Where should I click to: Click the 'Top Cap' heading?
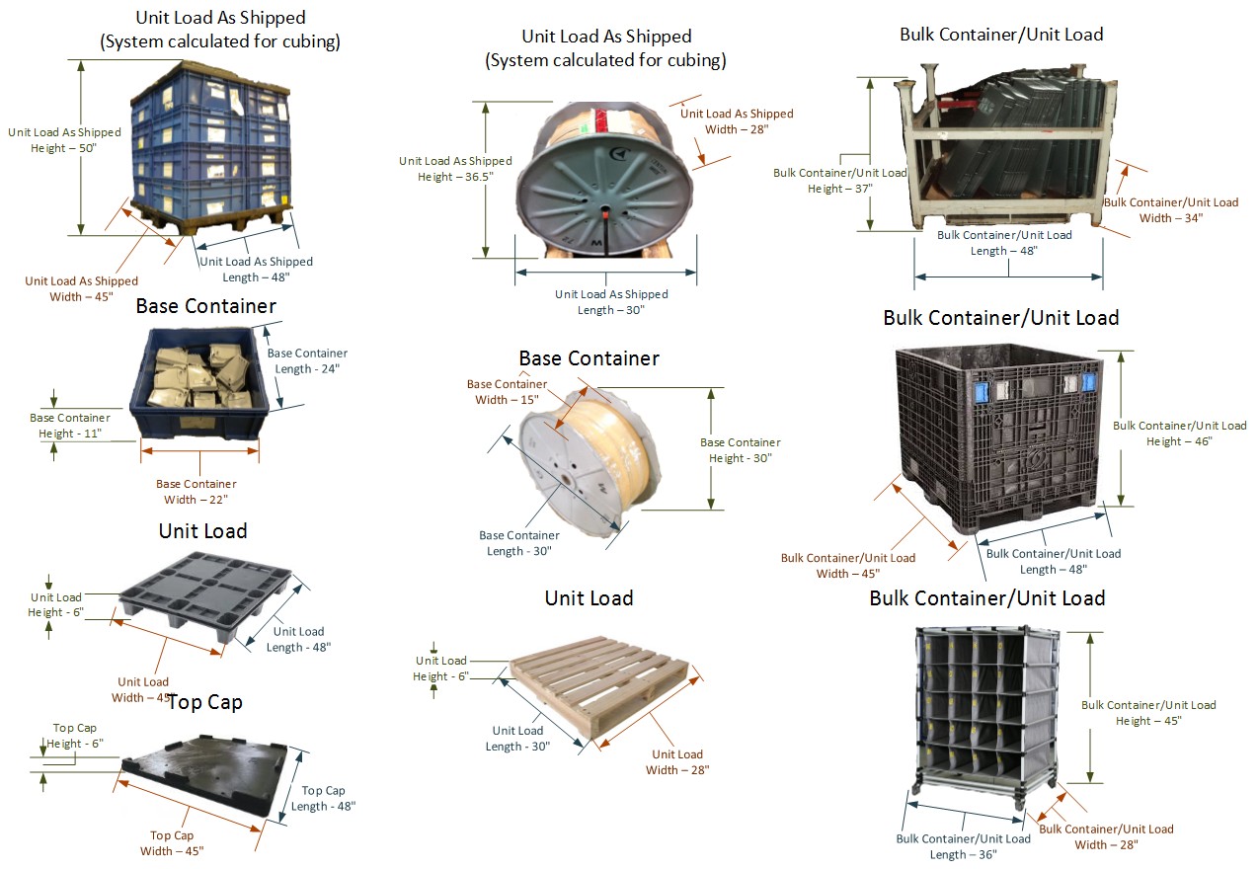point(204,702)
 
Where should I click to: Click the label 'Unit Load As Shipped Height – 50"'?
point(64,140)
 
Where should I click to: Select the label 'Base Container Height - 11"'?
point(69,426)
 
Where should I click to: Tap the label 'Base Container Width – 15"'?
point(507,392)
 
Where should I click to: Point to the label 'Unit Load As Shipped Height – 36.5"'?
point(455,169)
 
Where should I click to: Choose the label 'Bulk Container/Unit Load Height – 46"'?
point(1179,434)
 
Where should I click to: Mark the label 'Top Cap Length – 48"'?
point(323,798)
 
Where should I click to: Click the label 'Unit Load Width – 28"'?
point(677,761)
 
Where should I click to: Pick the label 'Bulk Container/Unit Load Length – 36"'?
point(963,846)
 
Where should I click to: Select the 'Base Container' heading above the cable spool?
point(589,357)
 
